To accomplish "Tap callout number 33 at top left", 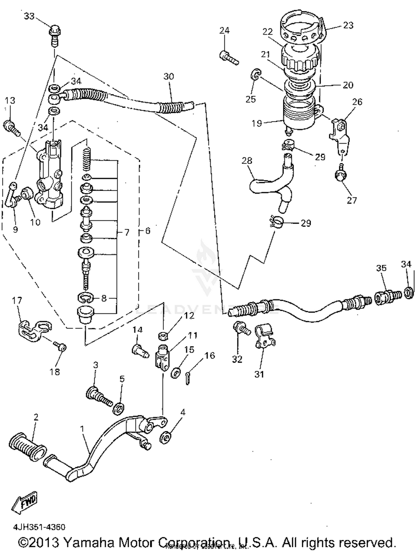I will [x=29, y=16].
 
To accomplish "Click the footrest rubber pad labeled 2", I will [x=27, y=444].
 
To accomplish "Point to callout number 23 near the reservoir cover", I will [x=348, y=25].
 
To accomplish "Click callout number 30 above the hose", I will [x=168, y=76].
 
